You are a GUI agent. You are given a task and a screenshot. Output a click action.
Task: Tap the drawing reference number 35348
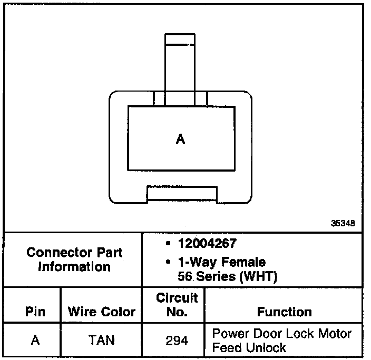(x=343, y=223)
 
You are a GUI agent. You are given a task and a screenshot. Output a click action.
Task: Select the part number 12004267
(x=207, y=244)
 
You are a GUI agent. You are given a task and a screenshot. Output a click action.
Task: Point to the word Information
(x=74, y=266)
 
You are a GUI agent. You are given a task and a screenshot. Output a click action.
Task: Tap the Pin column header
(x=35, y=312)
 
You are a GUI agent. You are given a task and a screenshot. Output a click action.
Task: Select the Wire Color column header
(x=102, y=312)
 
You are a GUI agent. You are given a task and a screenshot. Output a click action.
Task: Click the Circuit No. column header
(x=177, y=305)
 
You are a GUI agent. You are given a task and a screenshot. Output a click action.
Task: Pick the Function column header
(x=285, y=312)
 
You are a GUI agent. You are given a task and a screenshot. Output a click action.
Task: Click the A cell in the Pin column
(x=35, y=340)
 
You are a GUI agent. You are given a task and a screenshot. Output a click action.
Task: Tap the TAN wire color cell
(x=102, y=340)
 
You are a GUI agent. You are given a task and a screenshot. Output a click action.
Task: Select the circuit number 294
(x=177, y=341)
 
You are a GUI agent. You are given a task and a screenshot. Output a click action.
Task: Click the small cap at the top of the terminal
(x=180, y=39)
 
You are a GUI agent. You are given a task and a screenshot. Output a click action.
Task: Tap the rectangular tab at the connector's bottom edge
(x=182, y=193)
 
